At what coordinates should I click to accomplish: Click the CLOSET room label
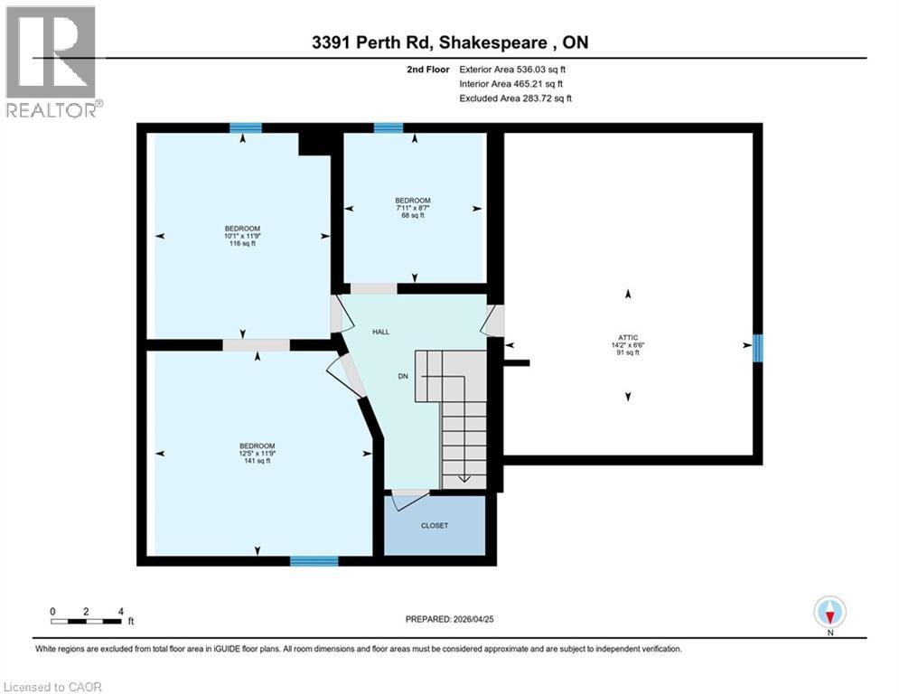434,525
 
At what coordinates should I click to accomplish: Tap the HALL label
380,333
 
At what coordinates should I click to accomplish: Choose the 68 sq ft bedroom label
413,208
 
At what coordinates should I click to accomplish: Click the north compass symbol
829,613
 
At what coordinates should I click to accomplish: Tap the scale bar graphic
87,621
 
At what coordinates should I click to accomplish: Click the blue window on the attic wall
758,344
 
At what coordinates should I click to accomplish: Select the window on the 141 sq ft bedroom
314,561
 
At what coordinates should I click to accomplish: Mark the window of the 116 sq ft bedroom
245,128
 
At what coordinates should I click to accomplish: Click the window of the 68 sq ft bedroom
389,128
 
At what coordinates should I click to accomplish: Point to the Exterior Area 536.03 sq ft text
512,69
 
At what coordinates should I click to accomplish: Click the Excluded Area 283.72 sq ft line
515,98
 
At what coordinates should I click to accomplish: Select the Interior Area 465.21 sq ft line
512,83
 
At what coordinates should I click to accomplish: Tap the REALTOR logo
52,61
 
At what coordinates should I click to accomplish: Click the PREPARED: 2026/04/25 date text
449,619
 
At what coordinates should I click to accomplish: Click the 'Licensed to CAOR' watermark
52,687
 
